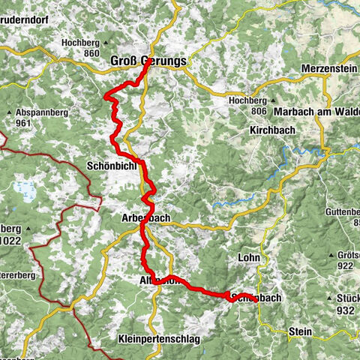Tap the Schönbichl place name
(x=113, y=165)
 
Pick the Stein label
(x=299, y=330)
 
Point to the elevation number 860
(x=92, y=54)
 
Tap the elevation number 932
(x=345, y=310)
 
